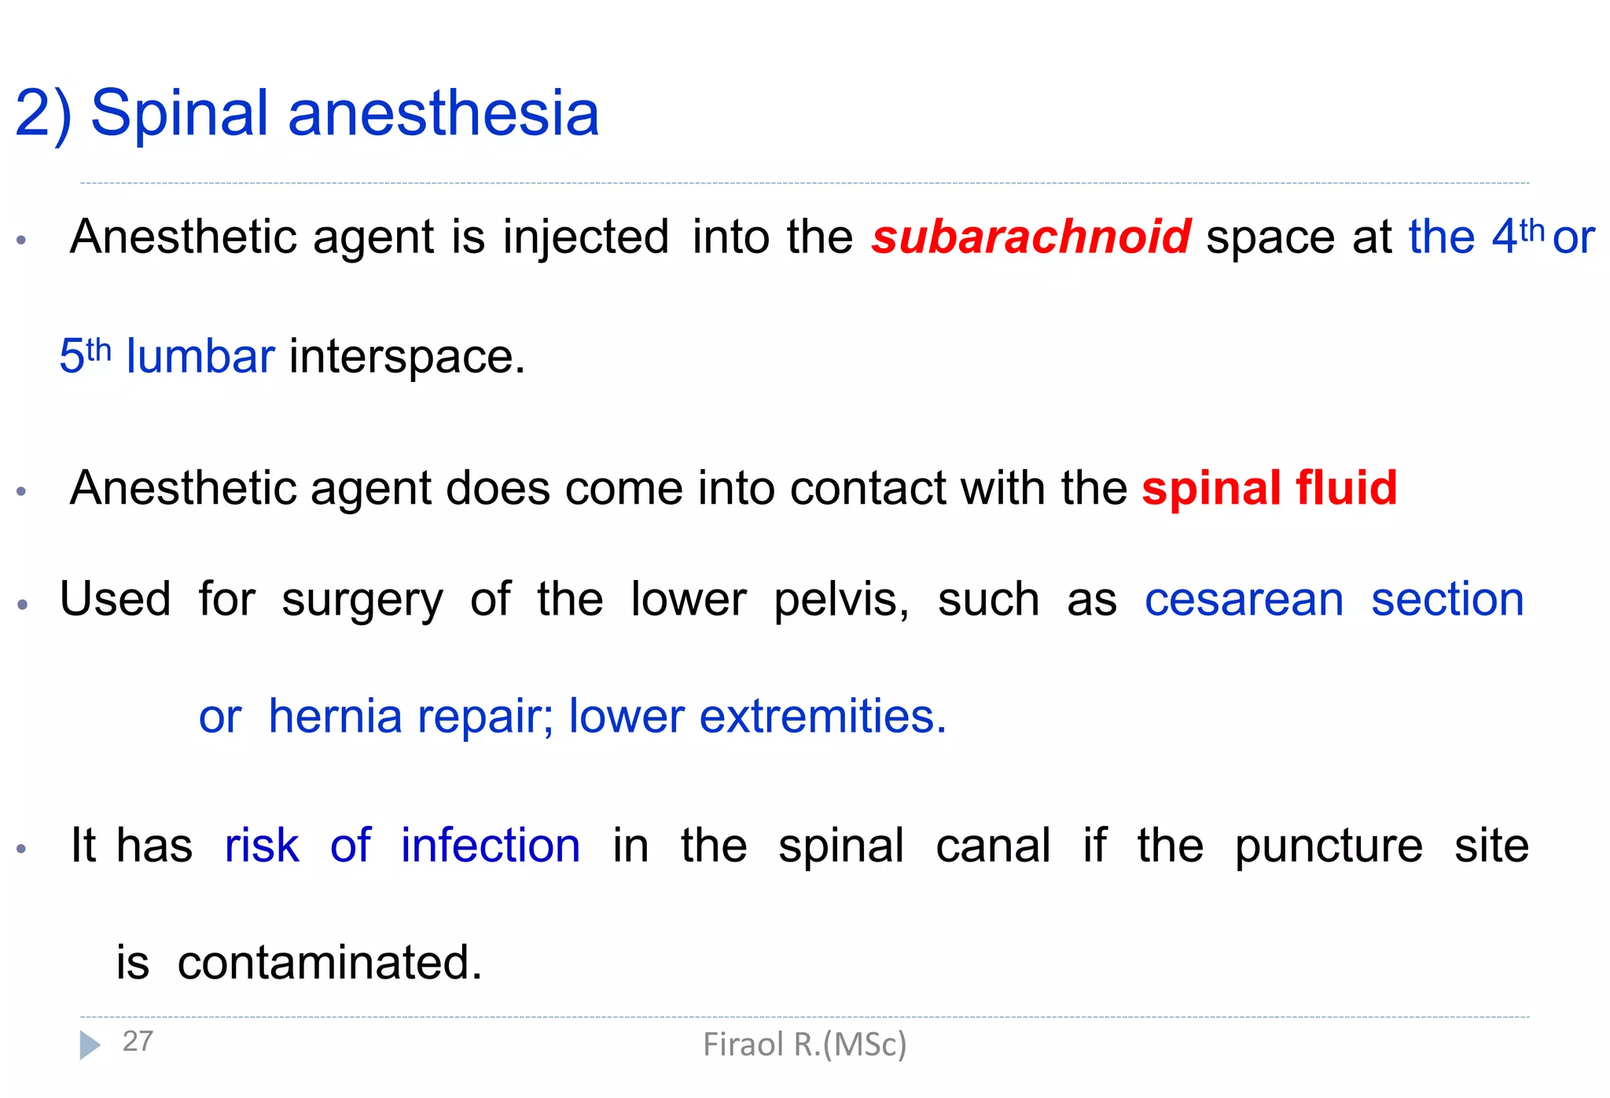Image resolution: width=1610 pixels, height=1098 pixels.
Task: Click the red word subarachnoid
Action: (x=1031, y=237)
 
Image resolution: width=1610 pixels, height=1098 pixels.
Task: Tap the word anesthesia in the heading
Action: (x=443, y=113)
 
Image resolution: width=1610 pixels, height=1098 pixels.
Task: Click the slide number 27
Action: (x=138, y=1041)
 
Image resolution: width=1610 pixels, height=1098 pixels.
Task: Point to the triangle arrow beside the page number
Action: (x=90, y=1045)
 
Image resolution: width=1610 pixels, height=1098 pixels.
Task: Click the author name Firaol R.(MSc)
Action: (x=804, y=1045)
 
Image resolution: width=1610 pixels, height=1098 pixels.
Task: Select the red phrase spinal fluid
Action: (x=1270, y=488)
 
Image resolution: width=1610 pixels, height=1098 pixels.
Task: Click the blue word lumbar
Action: (x=200, y=356)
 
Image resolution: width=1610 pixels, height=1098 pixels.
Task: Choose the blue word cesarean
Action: (x=1244, y=600)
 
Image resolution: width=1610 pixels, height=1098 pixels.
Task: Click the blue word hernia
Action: (x=336, y=716)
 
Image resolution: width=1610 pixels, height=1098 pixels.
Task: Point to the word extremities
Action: (x=822, y=716)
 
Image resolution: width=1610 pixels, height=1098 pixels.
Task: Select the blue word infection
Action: (x=491, y=846)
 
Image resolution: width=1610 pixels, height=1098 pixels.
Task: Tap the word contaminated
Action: (x=329, y=962)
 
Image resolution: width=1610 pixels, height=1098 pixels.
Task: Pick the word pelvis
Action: (x=840, y=600)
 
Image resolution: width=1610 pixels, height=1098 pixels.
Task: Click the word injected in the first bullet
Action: (x=586, y=237)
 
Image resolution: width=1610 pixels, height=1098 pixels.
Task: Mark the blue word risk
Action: (x=262, y=846)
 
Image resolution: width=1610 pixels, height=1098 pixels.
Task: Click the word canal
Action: (x=993, y=846)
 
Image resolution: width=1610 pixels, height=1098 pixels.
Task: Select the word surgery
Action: (x=362, y=600)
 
